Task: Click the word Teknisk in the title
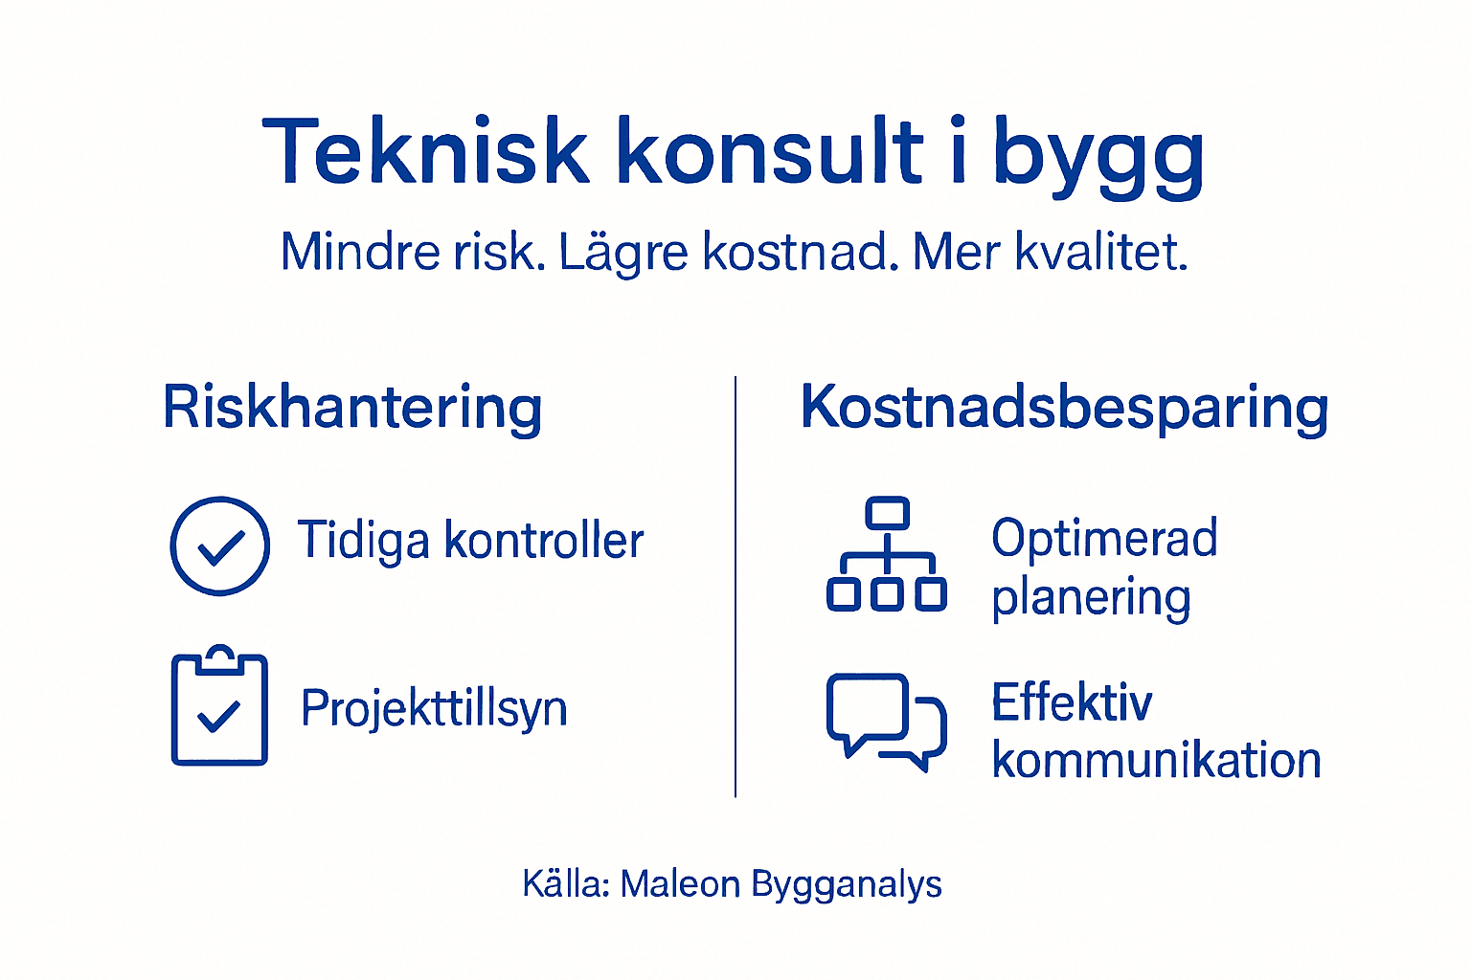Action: [425, 151]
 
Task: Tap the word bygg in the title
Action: [1098, 155]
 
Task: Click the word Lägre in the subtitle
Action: [622, 253]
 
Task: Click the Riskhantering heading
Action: [352, 408]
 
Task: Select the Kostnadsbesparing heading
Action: [1064, 408]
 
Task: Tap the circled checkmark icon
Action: [220, 546]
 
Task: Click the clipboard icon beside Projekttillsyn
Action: [219, 707]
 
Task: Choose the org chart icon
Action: [887, 554]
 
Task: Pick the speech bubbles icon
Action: [886, 720]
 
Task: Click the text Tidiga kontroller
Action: [470, 541]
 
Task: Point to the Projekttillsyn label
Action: [434, 709]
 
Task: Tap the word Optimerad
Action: [1104, 538]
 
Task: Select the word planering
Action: [1091, 598]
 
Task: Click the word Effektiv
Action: [1072, 702]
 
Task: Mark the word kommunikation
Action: [1156, 761]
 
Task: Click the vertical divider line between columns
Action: [735, 586]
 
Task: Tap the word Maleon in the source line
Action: [680, 884]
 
